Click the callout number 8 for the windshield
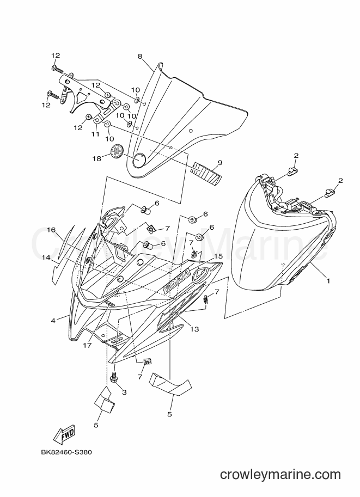point(140,57)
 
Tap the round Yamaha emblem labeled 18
point(117,150)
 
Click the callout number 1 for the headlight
point(328,281)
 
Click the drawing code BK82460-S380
point(66,452)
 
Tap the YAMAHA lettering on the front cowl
point(176,280)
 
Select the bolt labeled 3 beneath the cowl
point(113,377)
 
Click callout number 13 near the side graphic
point(194,329)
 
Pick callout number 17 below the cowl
point(88,345)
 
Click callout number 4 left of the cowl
point(53,321)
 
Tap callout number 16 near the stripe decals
point(52,230)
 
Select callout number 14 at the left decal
point(46,257)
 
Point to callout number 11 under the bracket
point(95,134)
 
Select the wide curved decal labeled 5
point(171,384)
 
